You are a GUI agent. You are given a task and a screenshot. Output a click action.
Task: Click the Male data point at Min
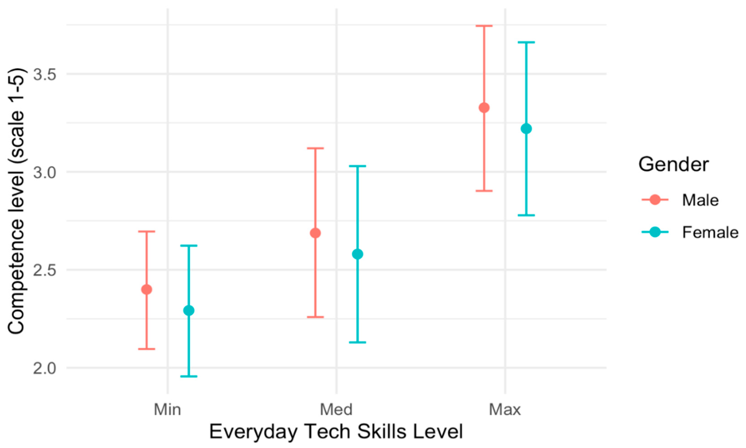(x=146, y=289)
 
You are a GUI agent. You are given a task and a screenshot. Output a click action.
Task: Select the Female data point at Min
(x=189, y=310)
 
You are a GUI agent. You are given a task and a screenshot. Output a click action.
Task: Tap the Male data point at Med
(x=315, y=233)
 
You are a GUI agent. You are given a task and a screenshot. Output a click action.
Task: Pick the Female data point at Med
(x=358, y=254)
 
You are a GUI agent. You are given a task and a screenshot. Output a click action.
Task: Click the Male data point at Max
(x=484, y=108)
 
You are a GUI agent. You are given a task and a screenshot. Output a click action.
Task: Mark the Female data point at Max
(x=526, y=129)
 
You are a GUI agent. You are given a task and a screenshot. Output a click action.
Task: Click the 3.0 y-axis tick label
(x=45, y=172)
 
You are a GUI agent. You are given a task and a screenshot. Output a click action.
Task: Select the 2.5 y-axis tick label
(x=45, y=270)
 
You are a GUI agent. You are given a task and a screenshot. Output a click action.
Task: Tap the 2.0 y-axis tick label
(x=45, y=368)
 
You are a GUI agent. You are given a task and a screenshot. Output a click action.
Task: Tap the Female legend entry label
(x=710, y=232)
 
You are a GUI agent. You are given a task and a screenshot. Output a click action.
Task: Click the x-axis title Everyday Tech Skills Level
(x=336, y=432)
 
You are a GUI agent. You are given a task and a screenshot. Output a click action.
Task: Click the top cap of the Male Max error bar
(x=484, y=26)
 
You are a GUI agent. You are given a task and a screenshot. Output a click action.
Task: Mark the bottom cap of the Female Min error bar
(x=189, y=376)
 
